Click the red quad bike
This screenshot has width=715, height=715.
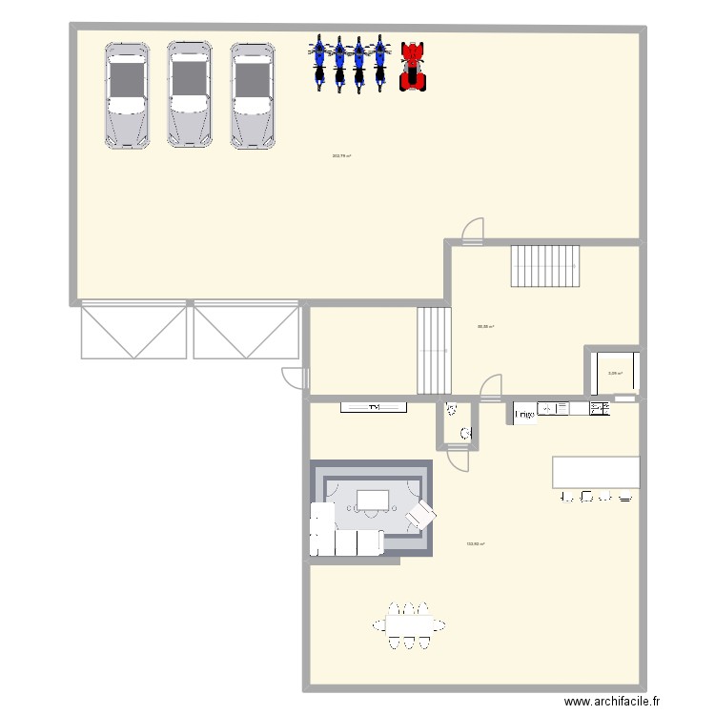[x=412, y=66]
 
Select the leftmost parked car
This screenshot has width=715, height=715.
[x=127, y=94]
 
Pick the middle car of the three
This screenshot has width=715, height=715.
[x=189, y=94]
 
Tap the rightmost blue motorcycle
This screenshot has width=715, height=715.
[x=379, y=63]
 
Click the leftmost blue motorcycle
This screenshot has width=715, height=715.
[x=318, y=63]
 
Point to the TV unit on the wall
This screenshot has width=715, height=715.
[x=375, y=408]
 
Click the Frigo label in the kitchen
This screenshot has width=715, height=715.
[x=523, y=415]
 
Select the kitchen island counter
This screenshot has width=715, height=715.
[x=596, y=472]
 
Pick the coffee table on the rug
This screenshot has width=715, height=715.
[x=373, y=500]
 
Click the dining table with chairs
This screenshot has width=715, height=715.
[x=409, y=625]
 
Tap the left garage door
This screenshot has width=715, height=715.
[x=133, y=331]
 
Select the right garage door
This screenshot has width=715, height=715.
[x=246, y=331]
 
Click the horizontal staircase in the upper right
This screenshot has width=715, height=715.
[x=545, y=266]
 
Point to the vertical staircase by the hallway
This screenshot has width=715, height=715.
[x=434, y=351]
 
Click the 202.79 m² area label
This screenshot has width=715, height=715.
[x=341, y=156]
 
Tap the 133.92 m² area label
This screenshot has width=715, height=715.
[x=476, y=545]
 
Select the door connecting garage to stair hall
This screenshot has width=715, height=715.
[x=471, y=231]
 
